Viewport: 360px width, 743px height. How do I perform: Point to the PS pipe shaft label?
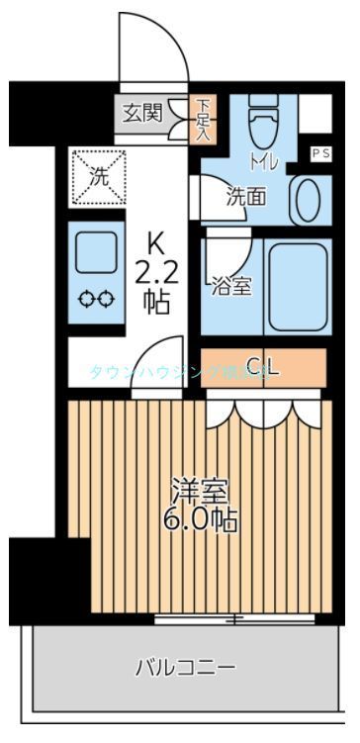click(321, 152)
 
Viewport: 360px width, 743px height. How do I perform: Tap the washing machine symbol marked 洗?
click(98, 177)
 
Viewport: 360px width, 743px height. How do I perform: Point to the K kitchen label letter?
click(155, 241)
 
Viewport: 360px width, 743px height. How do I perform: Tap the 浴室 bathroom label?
click(231, 287)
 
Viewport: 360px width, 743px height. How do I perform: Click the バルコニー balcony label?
click(185, 669)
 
